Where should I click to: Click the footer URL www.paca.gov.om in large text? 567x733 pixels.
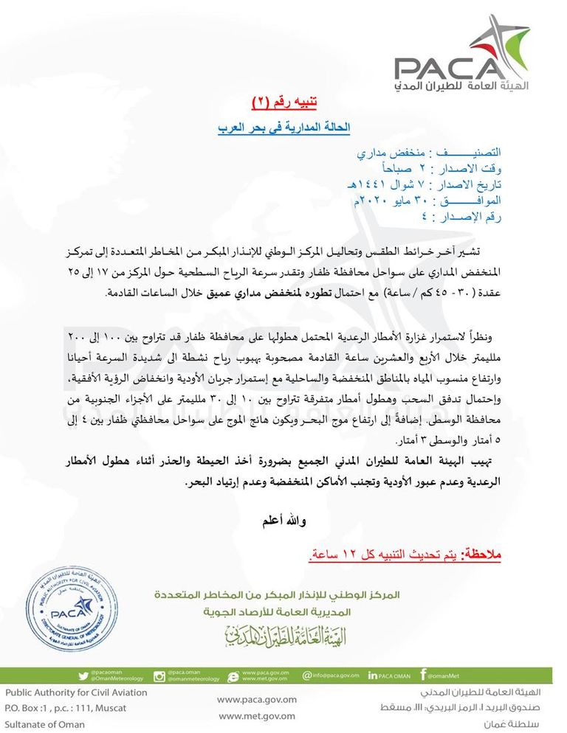coord(258,700)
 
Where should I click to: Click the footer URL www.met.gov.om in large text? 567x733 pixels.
coord(258,716)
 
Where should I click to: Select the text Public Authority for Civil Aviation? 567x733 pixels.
coord(77,693)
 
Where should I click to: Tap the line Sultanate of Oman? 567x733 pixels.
coord(46,724)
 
